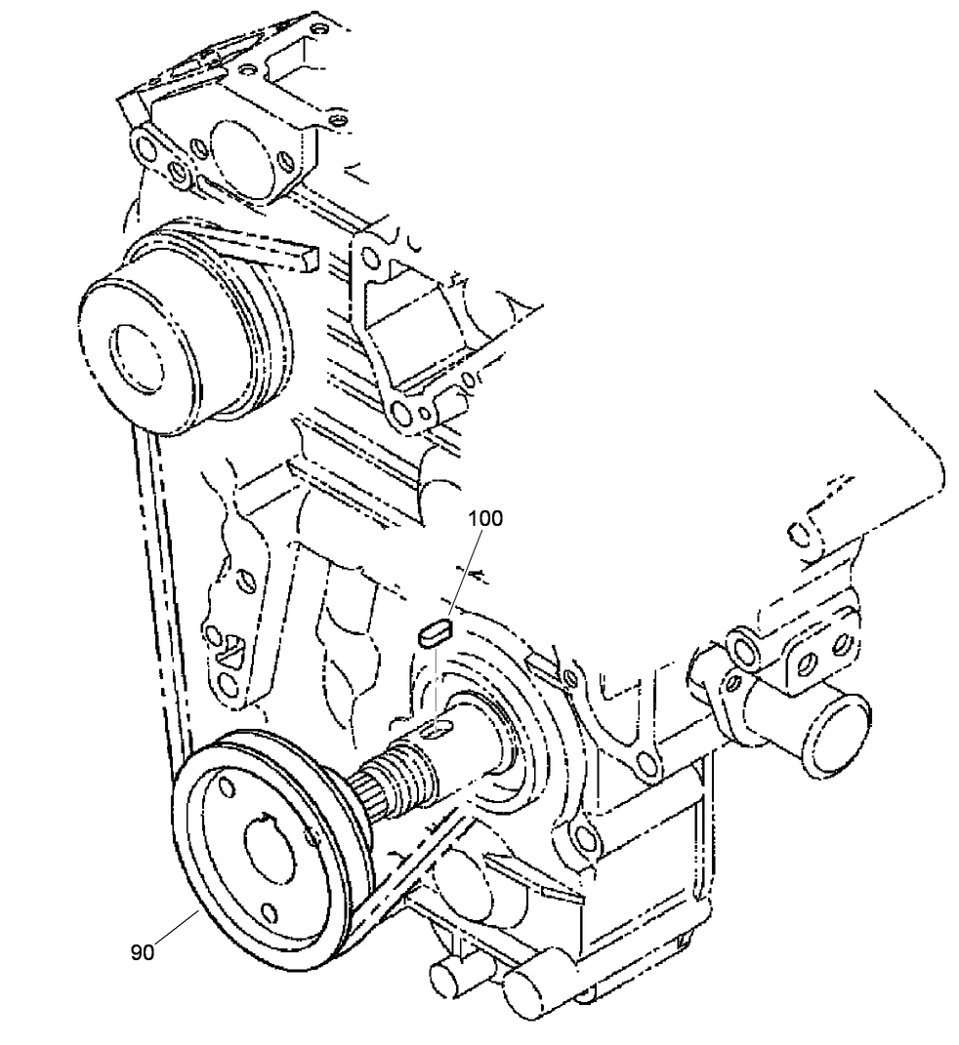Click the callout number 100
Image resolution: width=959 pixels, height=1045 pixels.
point(484,519)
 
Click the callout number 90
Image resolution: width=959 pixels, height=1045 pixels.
point(143,952)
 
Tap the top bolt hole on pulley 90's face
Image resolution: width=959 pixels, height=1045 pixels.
point(224,786)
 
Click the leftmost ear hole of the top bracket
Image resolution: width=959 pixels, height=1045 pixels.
point(146,148)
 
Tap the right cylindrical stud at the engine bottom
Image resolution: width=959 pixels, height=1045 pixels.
point(528,991)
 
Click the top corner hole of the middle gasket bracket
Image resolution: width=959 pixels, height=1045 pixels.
point(368,257)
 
